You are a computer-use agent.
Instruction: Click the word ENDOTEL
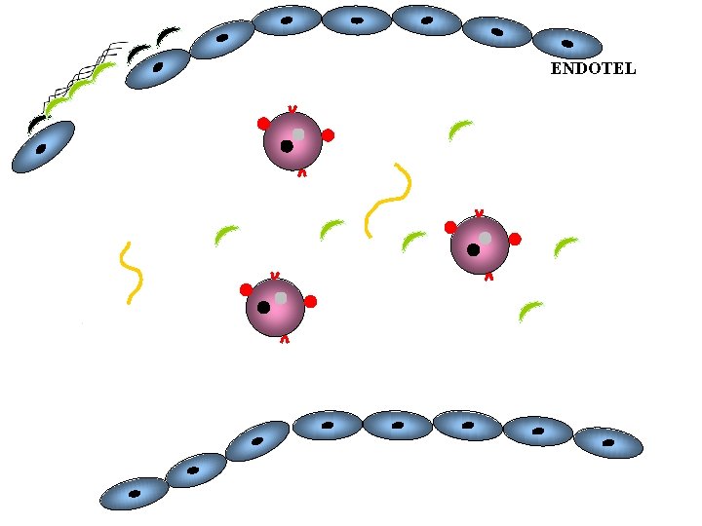click(593, 69)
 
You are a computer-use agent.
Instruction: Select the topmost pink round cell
click(292, 140)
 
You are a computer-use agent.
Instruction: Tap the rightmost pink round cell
click(480, 244)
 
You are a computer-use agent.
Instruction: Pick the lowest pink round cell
click(275, 307)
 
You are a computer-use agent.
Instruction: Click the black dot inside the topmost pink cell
click(287, 146)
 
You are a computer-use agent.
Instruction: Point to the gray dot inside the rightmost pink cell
click(485, 238)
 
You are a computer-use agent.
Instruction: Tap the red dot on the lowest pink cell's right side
click(310, 301)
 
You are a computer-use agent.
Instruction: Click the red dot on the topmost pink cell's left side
click(263, 124)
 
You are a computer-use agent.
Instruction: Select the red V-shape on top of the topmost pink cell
click(292, 109)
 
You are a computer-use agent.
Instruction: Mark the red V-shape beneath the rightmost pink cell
click(488, 277)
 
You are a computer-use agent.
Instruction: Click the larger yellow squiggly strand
click(387, 199)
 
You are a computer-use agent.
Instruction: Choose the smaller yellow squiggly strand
click(131, 272)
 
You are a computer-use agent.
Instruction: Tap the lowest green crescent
click(530, 311)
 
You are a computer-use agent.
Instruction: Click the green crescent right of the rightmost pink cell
click(565, 246)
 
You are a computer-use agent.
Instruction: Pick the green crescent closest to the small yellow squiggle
click(225, 234)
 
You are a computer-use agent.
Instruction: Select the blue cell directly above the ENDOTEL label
click(566, 43)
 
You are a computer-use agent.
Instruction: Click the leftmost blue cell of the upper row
click(42, 147)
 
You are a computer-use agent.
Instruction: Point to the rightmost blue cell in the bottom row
click(608, 442)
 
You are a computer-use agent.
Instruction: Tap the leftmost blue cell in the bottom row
click(134, 494)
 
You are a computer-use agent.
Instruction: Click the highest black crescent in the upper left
click(167, 35)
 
